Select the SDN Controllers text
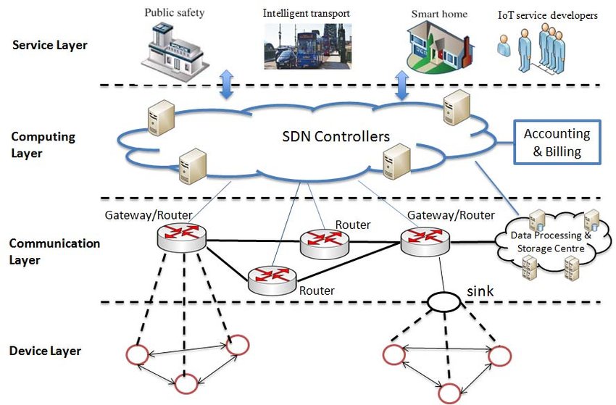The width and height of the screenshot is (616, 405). (337, 136)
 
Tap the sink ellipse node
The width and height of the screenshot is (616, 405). (443, 301)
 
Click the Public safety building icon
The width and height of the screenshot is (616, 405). (174, 45)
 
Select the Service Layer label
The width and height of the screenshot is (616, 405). (50, 46)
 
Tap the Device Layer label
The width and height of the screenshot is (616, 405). (45, 351)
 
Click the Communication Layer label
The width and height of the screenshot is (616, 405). (55, 251)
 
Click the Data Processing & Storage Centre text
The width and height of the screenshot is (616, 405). (551, 242)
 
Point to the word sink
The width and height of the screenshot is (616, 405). (479, 291)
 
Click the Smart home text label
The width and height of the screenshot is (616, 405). (439, 13)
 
